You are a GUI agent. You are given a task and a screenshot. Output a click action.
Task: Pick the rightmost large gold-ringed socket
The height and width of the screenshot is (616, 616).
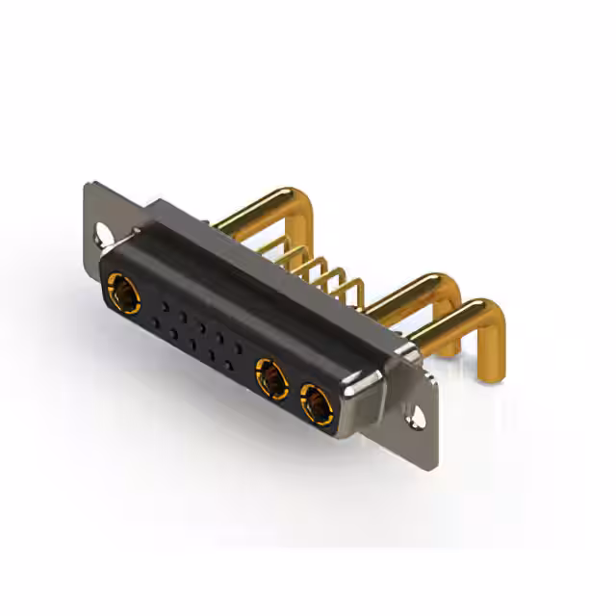pos(316,402)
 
